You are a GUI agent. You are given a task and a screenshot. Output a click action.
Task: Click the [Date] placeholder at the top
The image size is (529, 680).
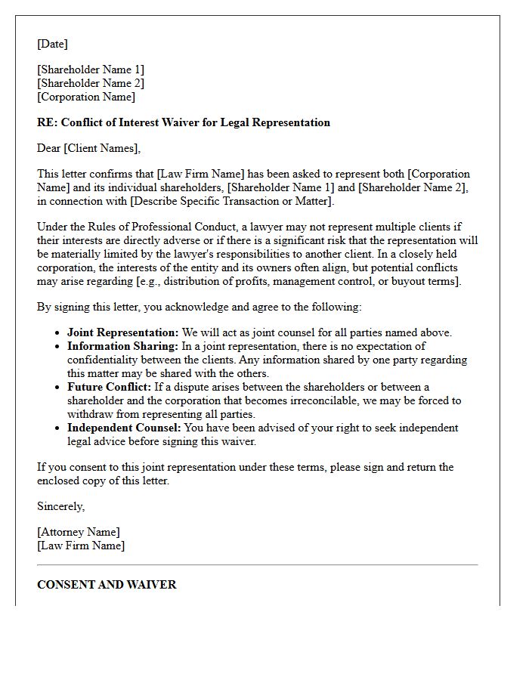pos(52,44)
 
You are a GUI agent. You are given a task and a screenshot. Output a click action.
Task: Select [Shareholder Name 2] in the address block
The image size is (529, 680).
pos(91,83)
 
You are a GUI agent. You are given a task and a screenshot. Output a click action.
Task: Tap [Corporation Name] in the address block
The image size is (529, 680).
pos(86,97)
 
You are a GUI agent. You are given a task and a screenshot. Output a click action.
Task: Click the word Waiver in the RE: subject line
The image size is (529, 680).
pos(176,122)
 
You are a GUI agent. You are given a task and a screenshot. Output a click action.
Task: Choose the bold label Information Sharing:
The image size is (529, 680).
pos(122,346)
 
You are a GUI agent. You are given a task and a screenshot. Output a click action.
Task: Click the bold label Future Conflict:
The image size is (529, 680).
pos(110,387)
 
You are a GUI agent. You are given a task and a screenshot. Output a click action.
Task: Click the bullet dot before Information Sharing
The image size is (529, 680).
pos(59,347)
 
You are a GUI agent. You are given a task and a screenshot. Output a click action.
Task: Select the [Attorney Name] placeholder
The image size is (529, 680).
pos(79,532)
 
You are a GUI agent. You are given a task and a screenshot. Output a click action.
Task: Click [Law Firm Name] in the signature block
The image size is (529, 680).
pos(81,546)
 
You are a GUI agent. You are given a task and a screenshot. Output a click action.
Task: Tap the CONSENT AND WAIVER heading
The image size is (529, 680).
pos(107,584)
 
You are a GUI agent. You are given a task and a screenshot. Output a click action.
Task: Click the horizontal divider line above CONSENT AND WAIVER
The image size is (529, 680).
pos(257,564)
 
